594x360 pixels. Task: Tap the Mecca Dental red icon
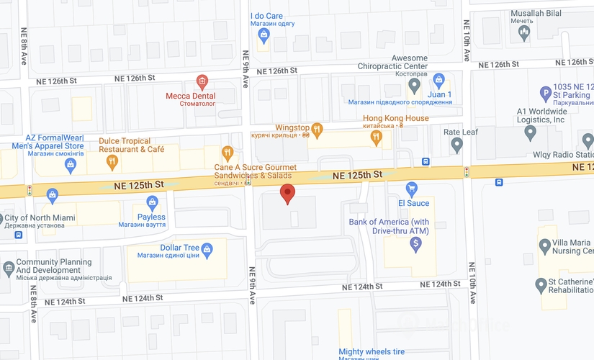(x=202, y=81)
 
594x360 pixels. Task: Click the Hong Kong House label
(x=395, y=118)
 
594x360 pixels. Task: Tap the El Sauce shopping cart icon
(x=412, y=189)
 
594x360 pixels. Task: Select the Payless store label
(x=151, y=217)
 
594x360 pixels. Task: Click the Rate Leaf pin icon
(x=456, y=145)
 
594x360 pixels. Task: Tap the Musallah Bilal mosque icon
(x=525, y=32)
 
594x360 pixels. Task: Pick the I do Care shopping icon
(x=264, y=35)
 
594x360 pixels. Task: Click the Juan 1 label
(x=439, y=94)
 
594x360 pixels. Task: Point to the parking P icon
(x=546, y=93)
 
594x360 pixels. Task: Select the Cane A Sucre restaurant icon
(x=228, y=153)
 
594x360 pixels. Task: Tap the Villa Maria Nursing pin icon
(x=545, y=246)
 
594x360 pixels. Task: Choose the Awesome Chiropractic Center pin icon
(x=414, y=86)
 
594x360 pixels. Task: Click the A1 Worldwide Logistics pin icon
(x=531, y=132)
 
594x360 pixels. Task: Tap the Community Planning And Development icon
(x=8, y=266)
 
